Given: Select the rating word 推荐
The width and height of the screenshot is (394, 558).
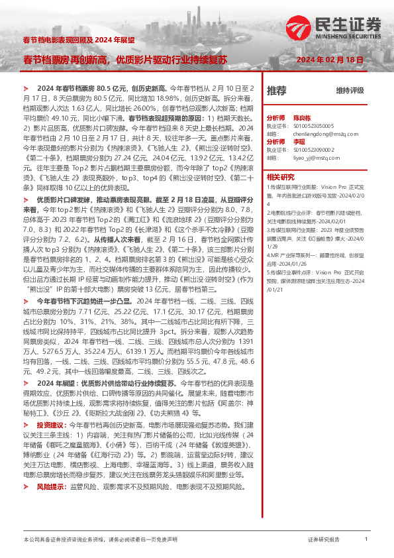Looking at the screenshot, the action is pyautogui.click(x=276, y=90).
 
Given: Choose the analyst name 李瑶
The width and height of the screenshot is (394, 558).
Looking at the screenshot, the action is pyautogui.click(x=296, y=142).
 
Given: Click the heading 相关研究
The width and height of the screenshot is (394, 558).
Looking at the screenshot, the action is pyautogui.click(x=280, y=177).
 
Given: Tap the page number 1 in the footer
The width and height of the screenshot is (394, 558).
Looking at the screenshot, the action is pyautogui.click(x=366, y=539).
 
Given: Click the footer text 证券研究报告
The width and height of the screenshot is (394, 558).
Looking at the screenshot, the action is pyautogui.click(x=324, y=540).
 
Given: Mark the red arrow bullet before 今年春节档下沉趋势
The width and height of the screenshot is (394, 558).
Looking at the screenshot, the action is pyautogui.click(x=25, y=282).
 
